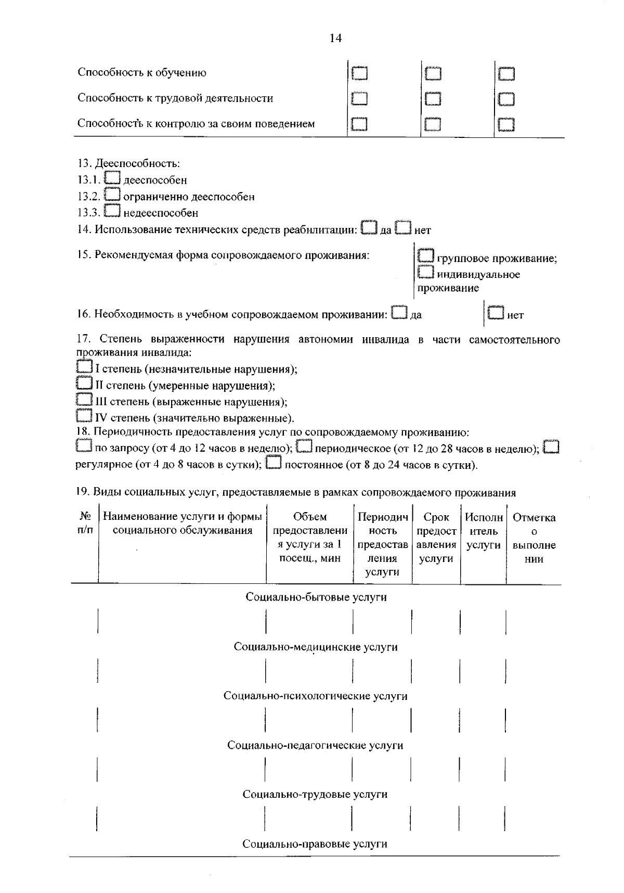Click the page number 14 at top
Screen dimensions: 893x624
pyautogui.click(x=335, y=38)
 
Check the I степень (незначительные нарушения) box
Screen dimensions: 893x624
pyautogui.click(x=84, y=368)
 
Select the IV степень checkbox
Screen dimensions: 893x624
pyautogui.click(x=84, y=416)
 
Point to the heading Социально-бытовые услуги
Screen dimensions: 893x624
pyautogui.click(x=316, y=597)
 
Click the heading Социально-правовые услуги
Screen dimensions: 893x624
pyautogui.click(x=315, y=844)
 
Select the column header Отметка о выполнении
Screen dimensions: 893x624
pyautogui.click(x=534, y=538)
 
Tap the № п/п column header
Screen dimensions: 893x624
pyautogui.click(x=85, y=523)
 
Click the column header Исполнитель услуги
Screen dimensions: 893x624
pyautogui.click(x=484, y=531)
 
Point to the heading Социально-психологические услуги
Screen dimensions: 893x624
pyautogui.click(x=315, y=696)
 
